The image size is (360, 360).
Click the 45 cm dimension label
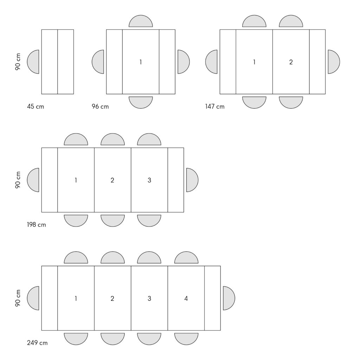(x=36, y=107)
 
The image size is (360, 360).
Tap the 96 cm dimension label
(x=100, y=107)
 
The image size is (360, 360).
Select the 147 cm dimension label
(x=215, y=107)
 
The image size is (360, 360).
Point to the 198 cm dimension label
(x=37, y=225)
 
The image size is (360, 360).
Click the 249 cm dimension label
(x=37, y=343)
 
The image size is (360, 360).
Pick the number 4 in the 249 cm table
(x=186, y=298)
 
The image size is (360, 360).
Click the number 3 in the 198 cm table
(x=149, y=180)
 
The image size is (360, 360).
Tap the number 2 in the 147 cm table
(x=291, y=62)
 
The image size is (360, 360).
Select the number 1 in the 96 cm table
(x=141, y=62)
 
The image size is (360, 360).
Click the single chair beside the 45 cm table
(x=33, y=62)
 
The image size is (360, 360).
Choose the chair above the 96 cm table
(x=141, y=21)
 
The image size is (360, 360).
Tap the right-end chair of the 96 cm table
(x=184, y=62)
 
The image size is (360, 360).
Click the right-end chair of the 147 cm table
(x=334, y=62)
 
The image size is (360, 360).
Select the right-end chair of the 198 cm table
(x=192, y=180)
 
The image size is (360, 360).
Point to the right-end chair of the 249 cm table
(x=229, y=298)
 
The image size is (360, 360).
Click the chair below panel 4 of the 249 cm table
(x=186, y=339)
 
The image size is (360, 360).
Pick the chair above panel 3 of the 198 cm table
(x=149, y=139)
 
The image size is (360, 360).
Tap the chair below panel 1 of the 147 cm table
(x=254, y=102)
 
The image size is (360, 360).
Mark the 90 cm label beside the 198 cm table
(x=18, y=180)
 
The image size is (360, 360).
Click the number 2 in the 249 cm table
(x=112, y=298)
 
